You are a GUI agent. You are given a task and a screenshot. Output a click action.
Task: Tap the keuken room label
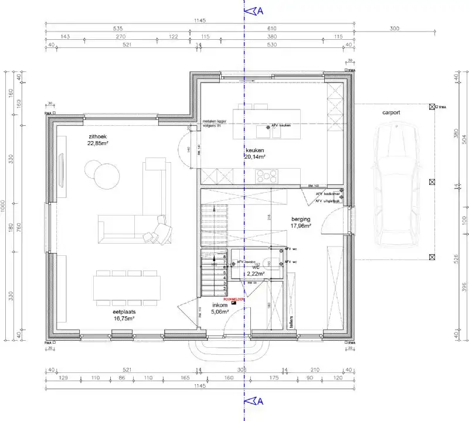coord(255,150)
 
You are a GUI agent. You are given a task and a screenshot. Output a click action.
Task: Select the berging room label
coord(301,218)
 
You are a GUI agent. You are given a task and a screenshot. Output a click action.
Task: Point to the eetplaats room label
coord(124,312)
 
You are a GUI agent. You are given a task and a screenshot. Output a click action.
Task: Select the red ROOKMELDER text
coord(234,299)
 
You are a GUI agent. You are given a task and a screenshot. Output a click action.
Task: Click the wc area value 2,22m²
coord(255,273)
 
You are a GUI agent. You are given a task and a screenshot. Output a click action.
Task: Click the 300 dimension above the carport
coord(393,28)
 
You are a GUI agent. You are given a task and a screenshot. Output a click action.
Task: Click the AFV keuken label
coord(281,125)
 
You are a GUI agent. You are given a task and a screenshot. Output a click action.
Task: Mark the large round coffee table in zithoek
coord(107,174)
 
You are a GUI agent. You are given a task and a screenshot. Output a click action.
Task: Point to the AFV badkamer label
coord(327,194)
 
